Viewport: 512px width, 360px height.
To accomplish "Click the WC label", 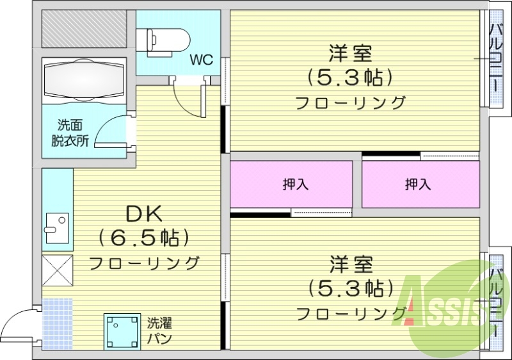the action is click(201, 60).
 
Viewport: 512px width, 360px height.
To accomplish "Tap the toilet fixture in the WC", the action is click(167, 39).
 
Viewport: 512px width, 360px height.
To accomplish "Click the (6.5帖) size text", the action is click(144, 238).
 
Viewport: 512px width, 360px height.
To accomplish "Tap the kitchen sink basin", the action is click(56, 224).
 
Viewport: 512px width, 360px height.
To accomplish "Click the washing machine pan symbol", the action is click(122, 331).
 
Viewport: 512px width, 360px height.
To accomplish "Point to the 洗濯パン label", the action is click(159, 331).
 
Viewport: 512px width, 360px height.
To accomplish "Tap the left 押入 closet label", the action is click(296, 184).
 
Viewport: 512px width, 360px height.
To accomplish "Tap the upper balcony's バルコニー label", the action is click(496, 58).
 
